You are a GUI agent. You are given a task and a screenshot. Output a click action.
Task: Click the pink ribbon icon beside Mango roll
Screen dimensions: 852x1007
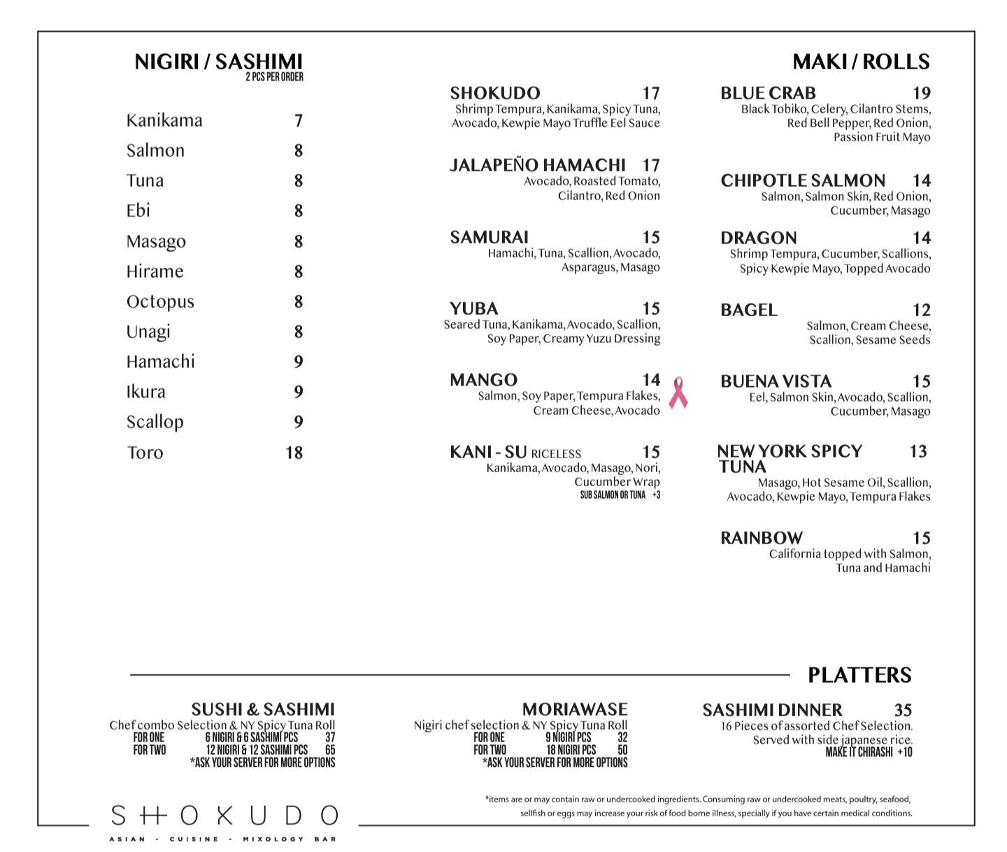click(x=678, y=393)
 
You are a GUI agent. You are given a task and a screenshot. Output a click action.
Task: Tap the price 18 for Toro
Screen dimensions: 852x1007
click(x=294, y=453)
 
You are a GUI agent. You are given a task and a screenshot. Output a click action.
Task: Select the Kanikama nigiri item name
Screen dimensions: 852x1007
click(x=164, y=120)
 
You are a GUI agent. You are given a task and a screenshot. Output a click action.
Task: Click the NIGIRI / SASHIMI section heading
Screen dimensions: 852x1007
click(x=218, y=62)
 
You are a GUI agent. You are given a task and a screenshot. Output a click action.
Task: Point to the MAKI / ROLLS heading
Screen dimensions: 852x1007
click(x=861, y=62)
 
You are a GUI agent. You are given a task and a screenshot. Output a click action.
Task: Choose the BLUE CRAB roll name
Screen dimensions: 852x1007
click(x=768, y=93)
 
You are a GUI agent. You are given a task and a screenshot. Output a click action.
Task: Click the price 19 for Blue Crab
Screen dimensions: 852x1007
click(x=921, y=93)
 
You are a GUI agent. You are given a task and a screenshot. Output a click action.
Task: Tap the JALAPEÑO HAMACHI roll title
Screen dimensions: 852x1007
click(x=537, y=165)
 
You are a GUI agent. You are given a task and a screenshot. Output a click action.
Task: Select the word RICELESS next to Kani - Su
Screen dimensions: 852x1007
click(x=556, y=454)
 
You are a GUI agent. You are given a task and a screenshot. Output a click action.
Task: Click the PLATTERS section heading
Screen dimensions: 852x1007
click(x=859, y=675)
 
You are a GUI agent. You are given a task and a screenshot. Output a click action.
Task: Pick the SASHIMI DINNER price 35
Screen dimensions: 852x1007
click(x=903, y=710)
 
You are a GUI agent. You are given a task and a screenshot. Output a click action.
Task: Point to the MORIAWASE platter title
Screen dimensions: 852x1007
click(x=574, y=709)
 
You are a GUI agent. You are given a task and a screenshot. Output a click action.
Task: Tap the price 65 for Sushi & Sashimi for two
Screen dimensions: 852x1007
click(x=330, y=750)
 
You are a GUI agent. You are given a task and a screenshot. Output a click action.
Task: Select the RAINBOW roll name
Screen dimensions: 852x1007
click(x=761, y=538)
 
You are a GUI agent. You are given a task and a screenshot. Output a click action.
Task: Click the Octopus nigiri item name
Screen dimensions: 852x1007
click(x=160, y=301)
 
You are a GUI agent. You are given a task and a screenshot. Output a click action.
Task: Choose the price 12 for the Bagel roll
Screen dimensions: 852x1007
click(x=921, y=310)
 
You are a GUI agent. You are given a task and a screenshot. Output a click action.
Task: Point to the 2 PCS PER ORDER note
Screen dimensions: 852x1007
click(x=274, y=77)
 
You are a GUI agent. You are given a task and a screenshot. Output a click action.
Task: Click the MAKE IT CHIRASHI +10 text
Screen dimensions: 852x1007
click(x=869, y=753)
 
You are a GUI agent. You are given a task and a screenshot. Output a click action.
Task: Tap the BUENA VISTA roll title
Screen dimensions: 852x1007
click(x=776, y=381)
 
